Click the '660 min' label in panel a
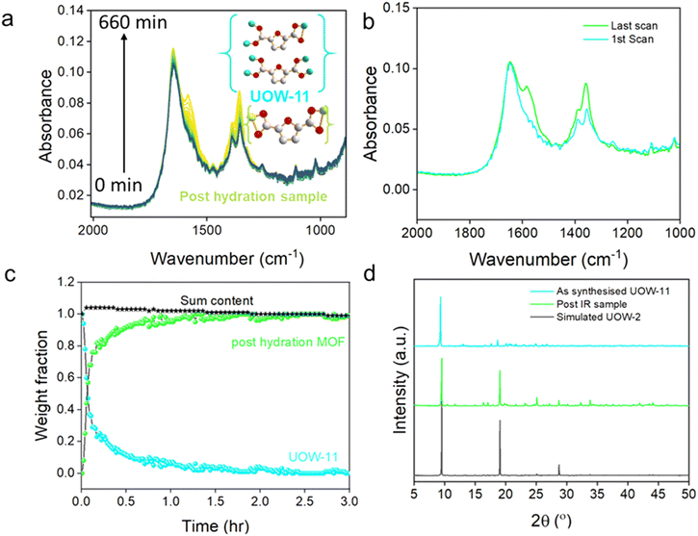coord(133,22)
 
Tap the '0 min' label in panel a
coord(118,185)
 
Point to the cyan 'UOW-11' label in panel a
coord(279,96)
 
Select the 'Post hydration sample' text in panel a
coord(253,196)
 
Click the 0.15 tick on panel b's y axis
coord(397,8)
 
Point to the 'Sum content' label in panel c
coord(217,300)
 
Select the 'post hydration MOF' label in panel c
coord(289,343)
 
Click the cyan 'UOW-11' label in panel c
coord(314,457)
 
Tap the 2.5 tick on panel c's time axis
coord(304,501)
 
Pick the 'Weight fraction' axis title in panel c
coord(41,386)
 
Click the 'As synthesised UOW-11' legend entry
coord(612,292)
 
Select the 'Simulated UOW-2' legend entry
coord(598,318)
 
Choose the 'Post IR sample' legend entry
coord(591,304)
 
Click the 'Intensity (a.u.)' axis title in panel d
coord(401,381)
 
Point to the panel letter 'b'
coord(370,21)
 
